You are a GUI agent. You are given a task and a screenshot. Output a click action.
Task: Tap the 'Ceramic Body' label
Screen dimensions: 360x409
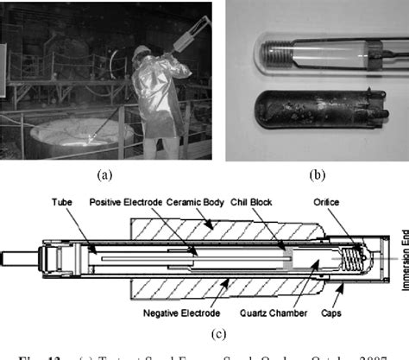(x=198, y=204)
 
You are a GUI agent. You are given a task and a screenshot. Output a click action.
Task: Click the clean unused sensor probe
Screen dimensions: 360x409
(x=319, y=54)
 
